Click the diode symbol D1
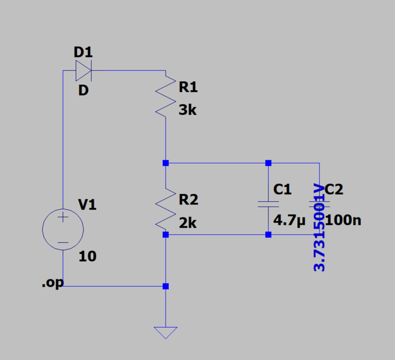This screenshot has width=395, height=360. tap(83, 72)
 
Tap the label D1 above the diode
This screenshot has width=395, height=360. tap(83, 52)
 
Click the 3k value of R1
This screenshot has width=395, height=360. tap(188, 111)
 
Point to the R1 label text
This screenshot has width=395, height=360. tap(188, 88)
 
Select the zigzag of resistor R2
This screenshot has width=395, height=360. tap(165, 210)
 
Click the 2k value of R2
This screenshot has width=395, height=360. tap(188, 223)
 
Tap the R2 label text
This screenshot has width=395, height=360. tap(188, 200)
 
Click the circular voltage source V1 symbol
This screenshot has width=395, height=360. tap(62, 229)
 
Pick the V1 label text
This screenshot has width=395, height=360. tap(88, 206)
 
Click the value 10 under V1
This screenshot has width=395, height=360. tap(88, 257)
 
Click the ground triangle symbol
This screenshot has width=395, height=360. tap(165, 332)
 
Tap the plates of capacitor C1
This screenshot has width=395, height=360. tap(268, 203)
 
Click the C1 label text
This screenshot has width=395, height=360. tap(282, 189)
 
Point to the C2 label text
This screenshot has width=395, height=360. tap(334, 190)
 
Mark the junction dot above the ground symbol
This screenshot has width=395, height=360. tap(166, 287)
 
